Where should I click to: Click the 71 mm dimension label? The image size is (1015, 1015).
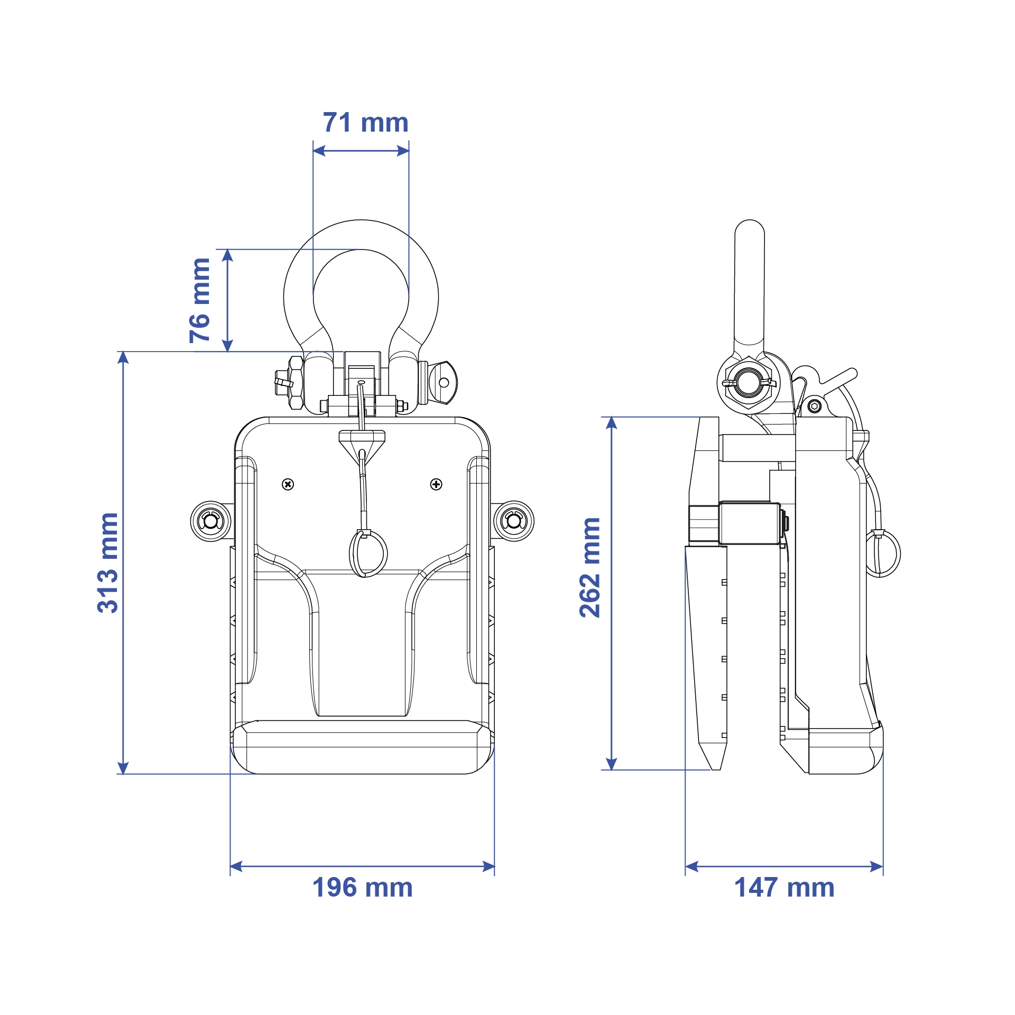[365, 123]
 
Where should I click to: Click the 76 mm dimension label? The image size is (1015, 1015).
[200, 300]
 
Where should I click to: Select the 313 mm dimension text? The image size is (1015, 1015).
[108, 562]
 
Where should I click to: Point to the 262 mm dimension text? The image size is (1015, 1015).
[589, 567]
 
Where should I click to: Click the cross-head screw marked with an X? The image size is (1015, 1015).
[288, 484]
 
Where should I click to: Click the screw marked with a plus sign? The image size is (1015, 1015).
[436, 484]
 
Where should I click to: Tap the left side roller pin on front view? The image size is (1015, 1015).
[210, 521]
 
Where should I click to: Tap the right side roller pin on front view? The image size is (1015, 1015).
[513, 521]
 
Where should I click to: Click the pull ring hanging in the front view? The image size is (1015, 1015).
[368, 553]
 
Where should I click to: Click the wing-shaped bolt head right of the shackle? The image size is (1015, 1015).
[443, 382]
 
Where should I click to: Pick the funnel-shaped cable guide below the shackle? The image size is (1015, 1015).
[362, 443]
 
